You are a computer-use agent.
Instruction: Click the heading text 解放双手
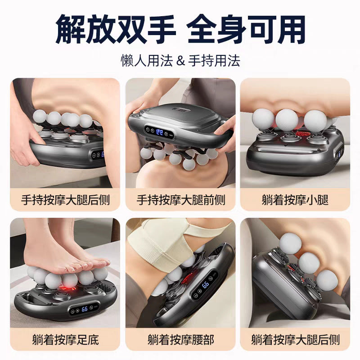pyautogui.click(x=114, y=27)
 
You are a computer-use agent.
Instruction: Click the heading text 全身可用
pyautogui.click(x=246, y=27)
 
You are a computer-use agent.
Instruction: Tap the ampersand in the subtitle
pyautogui.click(x=180, y=59)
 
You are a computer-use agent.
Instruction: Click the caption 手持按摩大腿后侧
pyautogui.click(x=65, y=199)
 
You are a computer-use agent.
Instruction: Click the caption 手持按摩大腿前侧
pyautogui.click(x=180, y=199)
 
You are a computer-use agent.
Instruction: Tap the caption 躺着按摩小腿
pyautogui.click(x=295, y=199)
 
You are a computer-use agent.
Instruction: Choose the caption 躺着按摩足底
pyautogui.click(x=65, y=338)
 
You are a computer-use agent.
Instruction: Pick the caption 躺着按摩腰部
pyautogui.click(x=180, y=338)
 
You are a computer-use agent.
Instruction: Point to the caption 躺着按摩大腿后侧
pyautogui.click(x=295, y=338)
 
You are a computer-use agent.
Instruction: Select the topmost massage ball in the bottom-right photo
pyautogui.click(x=290, y=243)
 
